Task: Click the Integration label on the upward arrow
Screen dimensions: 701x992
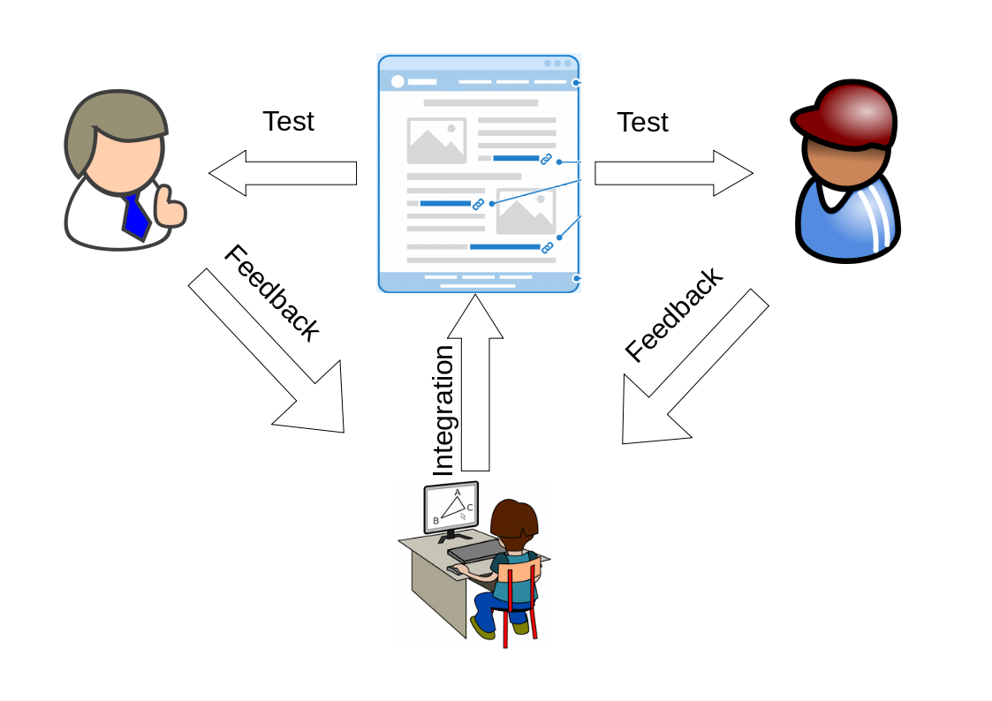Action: [443, 411]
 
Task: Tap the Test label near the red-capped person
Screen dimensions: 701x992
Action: [642, 123]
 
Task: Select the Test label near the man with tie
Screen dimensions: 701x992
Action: [288, 121]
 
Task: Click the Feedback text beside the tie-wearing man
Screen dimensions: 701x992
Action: [270, 293]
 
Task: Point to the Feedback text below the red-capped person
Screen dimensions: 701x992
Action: [673, 314]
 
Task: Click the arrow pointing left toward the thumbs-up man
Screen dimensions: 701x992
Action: [283, 173]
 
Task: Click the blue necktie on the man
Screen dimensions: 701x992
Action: [135, 216]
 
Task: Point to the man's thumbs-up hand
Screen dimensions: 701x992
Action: [169, 208]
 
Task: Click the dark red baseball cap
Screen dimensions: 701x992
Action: [846, 114]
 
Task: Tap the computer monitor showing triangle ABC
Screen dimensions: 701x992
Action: [451, 509]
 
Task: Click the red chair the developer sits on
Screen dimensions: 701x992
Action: [520, 600]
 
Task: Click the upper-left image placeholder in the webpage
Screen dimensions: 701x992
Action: [436, 141]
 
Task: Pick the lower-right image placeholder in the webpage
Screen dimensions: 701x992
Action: [526, 212]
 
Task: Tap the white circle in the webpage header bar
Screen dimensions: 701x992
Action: [398, 82]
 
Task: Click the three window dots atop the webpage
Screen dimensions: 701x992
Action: [557, 64]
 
